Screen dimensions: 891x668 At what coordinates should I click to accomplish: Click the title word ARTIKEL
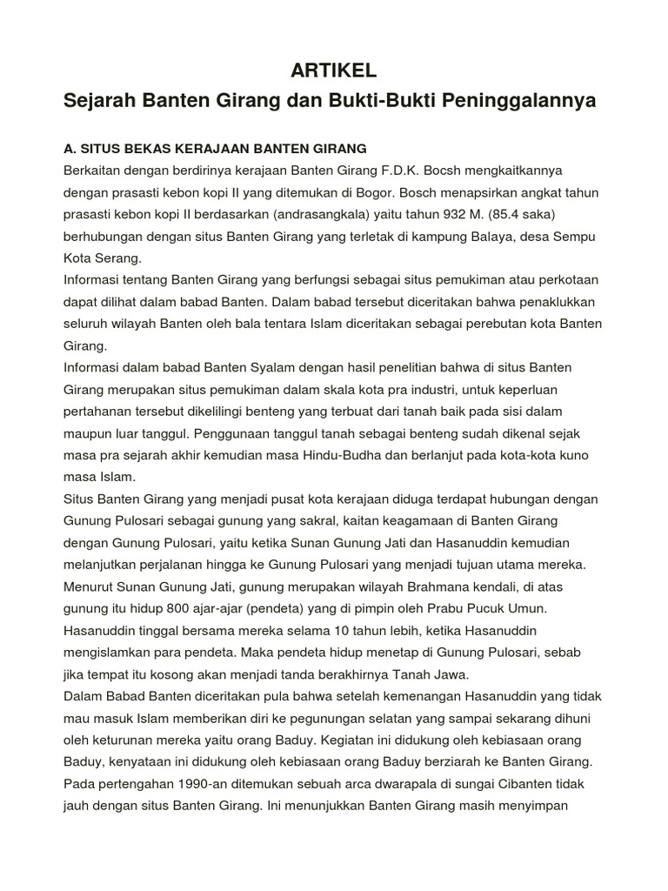click(x=333, y=69)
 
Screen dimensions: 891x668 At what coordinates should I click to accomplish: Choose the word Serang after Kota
click(x=124, y=258)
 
